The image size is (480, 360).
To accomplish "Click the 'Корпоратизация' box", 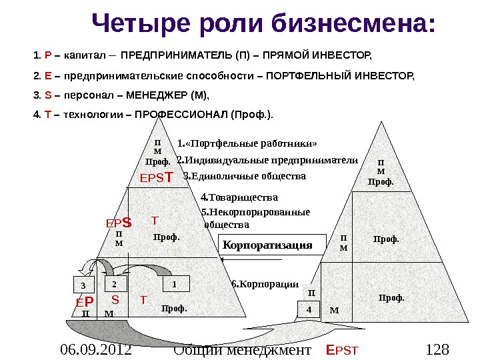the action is [267, 245].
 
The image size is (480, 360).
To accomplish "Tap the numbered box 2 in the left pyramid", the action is [114, 284].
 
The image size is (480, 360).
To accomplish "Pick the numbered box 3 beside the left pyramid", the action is [83, 286].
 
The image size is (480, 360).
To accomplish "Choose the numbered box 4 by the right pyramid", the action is [309, 310].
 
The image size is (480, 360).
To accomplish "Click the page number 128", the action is [437, 349].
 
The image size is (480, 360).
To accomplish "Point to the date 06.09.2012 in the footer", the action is [95, 349].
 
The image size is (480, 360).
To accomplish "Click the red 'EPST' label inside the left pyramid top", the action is [156, 178].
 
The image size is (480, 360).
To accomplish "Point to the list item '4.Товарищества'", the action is [239, 197].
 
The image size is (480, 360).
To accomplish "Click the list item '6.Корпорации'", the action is [265, 284].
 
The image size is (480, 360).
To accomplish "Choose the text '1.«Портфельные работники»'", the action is [248, 143].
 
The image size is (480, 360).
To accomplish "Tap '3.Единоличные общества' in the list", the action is [244, 177].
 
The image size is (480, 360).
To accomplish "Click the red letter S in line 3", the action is [45, 94].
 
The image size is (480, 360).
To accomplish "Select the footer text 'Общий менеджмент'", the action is [242, 349].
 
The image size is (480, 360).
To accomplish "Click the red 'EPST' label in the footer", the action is [342, 349].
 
